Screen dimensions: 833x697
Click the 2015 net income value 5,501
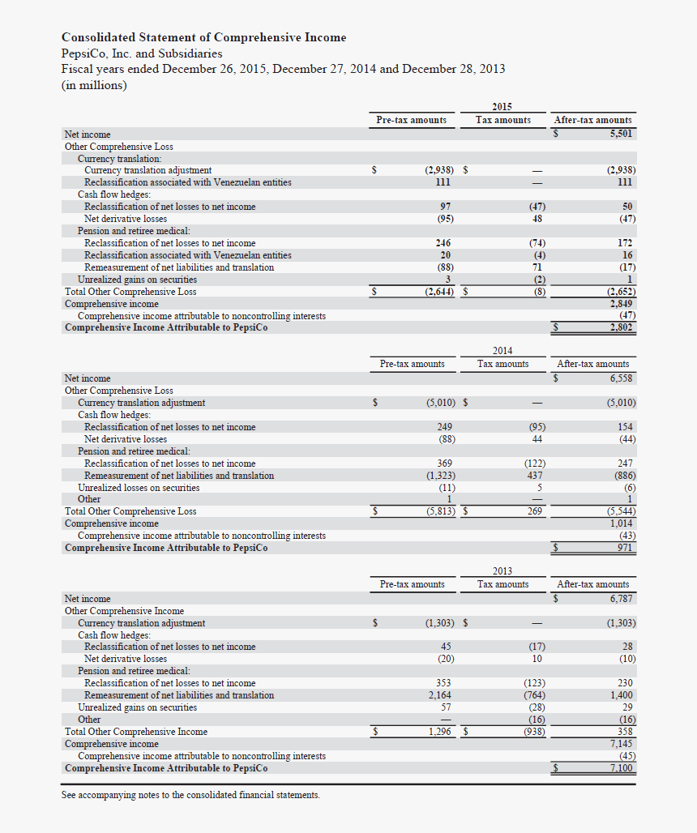click(x=622, y=134)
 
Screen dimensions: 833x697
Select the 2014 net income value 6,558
click(x=622, y=378)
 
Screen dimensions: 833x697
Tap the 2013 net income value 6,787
click(x=622, y=599)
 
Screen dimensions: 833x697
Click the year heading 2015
click(x=502, y=107)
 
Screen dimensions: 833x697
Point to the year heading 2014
click(x=502, y=350)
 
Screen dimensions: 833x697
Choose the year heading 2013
click(x=502, y=570)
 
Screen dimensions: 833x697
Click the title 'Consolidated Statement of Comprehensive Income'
click(x=203, y=37)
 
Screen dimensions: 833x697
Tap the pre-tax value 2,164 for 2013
click(x=440, y=695)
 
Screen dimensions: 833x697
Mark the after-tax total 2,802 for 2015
click(x=622, y=327)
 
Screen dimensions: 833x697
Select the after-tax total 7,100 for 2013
click(x=622, y=768)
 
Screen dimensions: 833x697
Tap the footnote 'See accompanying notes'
click(x=190, y=795)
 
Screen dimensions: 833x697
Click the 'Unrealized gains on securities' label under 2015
click(x=137, y=280)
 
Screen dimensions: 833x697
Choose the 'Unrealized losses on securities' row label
click(x=139, y=488)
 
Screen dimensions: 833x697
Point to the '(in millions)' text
click(x=94, y=85)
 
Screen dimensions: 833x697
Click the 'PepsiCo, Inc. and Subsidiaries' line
click(x=142, y=53)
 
